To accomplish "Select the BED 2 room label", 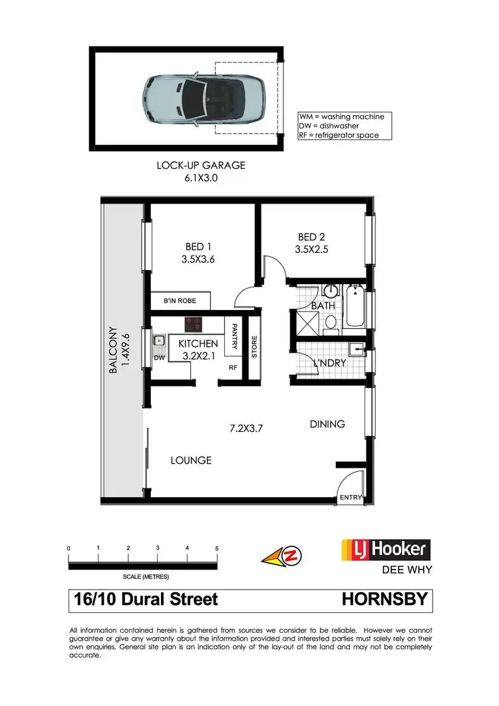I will point(312,237).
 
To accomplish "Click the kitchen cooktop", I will point(194,325).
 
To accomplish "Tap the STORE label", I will point(253,347).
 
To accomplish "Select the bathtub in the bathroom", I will point(355,307).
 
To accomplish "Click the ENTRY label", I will point(350,497).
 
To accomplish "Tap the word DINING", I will point(327,424).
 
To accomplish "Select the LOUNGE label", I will point(191,460).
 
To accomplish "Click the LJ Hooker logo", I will point(386,550).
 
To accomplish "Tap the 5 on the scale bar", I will point(217,548).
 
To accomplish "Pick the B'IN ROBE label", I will point(180,301).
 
